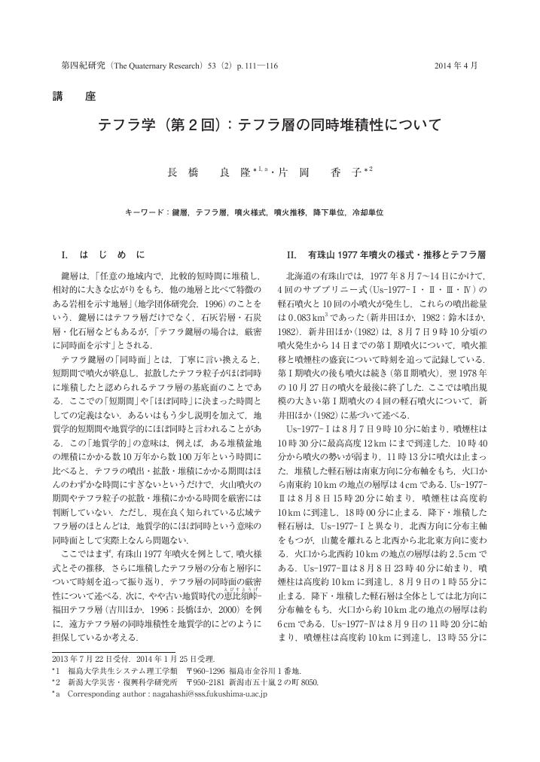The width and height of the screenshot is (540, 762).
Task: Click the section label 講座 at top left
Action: [74, 96]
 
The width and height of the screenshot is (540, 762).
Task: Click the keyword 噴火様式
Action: [251, 213]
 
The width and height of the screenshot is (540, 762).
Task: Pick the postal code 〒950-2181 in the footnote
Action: [227, 681]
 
